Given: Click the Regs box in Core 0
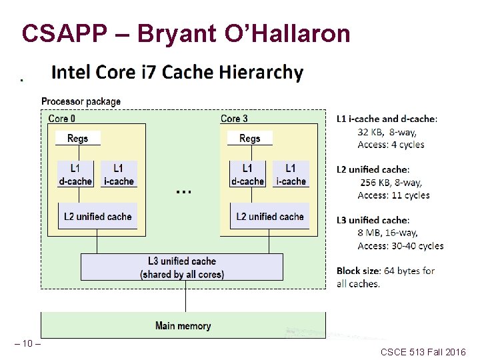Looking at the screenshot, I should tap(78, 138).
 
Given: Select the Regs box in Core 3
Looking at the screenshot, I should tap(249, 138).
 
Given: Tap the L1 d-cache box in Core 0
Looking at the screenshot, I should tap(75, 174).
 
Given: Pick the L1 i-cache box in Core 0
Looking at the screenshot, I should tap(118, 174).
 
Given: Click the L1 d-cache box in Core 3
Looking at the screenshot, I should tap(247, 174).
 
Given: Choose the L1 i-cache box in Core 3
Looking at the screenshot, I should tap(290, 174).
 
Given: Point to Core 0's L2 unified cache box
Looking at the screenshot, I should tap(98, 217).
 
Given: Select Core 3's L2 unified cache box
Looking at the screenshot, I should tap(270, 217).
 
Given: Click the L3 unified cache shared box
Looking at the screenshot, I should tap(182, 267).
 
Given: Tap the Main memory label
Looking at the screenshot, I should tap(183, 326).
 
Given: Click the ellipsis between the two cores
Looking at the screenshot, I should tap(183, 191).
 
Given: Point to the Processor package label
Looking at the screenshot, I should tap(81, 102).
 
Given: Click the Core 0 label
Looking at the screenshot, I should tap(62, 119).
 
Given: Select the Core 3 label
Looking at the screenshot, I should tap(234, 119).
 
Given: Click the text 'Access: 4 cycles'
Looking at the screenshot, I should tap(391, 145).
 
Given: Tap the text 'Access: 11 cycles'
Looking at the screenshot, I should tap(393, 195).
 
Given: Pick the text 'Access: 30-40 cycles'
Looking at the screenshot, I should tap(400, 246).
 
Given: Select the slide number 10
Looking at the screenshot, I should tap(27, 343).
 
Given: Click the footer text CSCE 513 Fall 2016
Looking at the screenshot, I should tap(423, 351).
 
